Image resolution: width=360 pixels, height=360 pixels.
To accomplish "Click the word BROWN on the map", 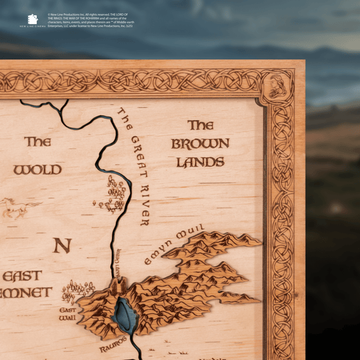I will click(200, 143).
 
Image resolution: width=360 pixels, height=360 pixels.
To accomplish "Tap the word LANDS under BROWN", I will click(200, 162).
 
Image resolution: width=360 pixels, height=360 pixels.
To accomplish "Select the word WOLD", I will click(37, 169).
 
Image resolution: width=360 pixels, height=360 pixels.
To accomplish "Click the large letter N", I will click(62, 245).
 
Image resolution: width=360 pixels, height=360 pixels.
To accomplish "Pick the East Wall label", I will click(67, 314).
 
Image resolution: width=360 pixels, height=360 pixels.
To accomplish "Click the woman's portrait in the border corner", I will click(277, 85).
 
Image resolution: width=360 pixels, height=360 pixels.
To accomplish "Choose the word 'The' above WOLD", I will click(37, 141).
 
